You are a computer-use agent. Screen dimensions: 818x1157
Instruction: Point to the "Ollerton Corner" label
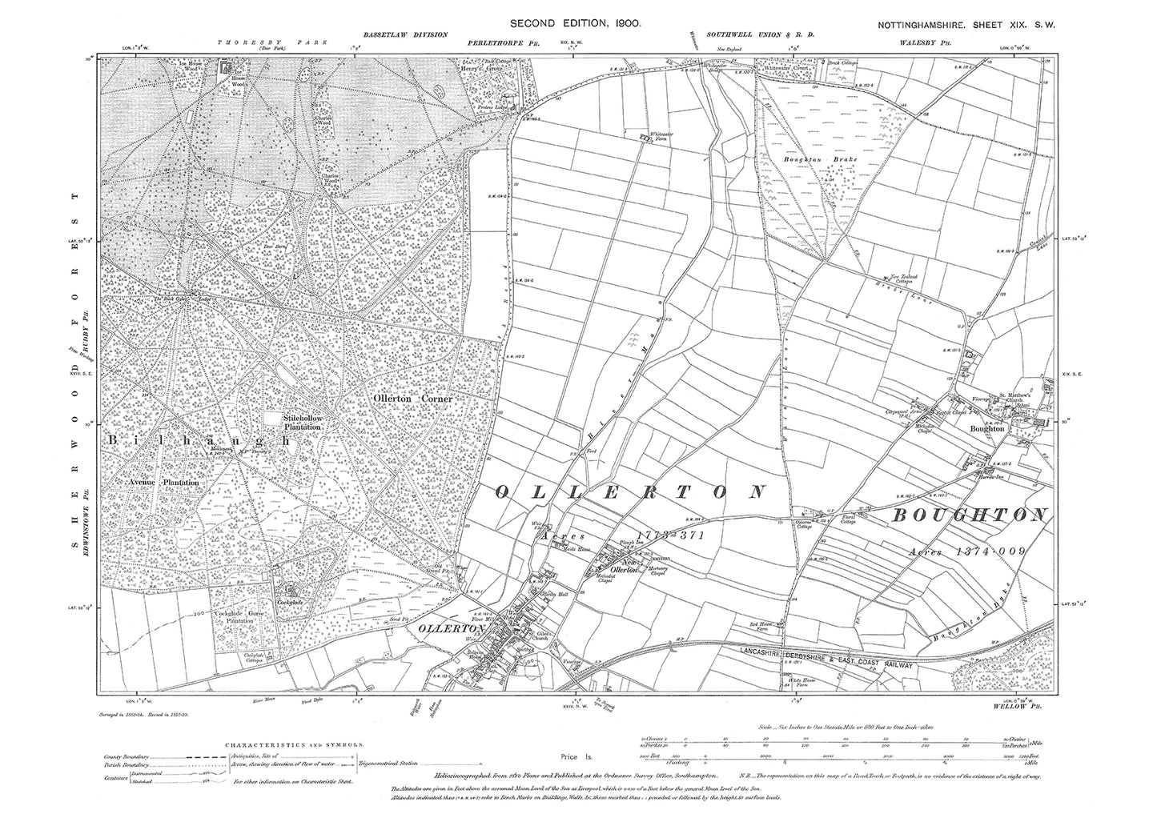click(x=413, y=398)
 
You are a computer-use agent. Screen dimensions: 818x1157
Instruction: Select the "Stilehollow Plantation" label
click(x=302, y=423)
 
